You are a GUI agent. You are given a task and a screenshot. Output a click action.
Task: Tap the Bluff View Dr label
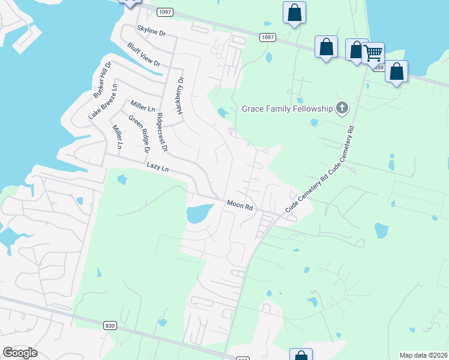144,55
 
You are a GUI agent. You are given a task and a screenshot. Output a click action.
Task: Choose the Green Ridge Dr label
138,133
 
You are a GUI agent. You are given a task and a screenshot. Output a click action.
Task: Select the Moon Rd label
240,205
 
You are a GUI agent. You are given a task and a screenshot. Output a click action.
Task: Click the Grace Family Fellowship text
287,109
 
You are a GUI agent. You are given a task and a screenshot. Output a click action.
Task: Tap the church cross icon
342,109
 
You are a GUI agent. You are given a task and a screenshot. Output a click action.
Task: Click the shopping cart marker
373,53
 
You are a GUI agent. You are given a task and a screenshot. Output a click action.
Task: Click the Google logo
20,353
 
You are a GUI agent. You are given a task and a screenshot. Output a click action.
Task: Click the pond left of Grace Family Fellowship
223,113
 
